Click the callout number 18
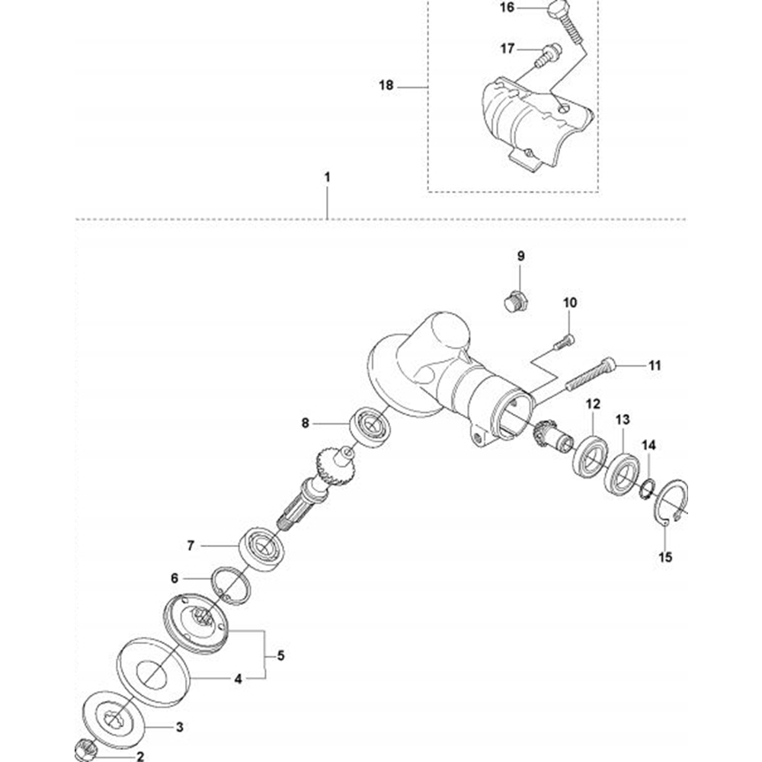tap(386, 85)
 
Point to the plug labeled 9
tap(516, 302)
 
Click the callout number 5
tap(281, 655)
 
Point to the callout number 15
tap(665, 557)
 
